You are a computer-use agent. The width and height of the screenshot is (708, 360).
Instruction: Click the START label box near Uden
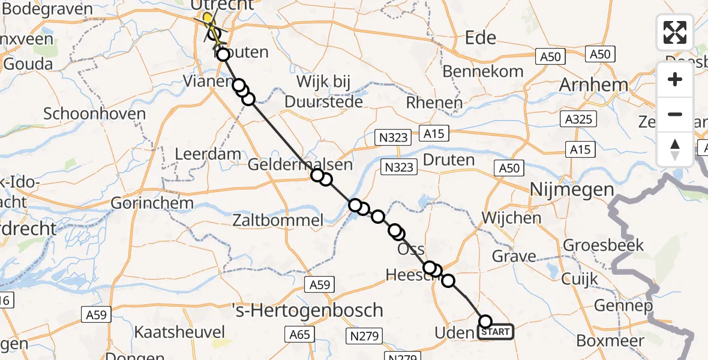[496, 332]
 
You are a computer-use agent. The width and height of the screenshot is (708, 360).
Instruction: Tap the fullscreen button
[675, 32]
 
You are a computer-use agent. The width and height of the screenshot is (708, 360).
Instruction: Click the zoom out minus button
[675, 114]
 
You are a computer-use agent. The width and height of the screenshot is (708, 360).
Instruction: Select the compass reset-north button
[675, 149]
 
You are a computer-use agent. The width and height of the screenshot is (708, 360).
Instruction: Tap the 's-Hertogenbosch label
[308, 310]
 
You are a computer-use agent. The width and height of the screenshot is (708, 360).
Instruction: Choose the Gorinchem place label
[152, 203]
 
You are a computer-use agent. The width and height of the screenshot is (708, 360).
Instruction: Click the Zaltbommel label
[284, 221]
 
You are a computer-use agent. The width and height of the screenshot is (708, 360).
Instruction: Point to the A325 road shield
[580, 119]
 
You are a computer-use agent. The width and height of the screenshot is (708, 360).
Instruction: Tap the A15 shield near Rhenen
[434, 133]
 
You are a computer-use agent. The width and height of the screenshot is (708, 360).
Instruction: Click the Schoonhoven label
[95, 114]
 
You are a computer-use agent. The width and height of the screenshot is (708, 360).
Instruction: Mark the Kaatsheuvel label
[179, 332]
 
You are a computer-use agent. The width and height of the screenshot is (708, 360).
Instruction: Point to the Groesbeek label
[604, 245]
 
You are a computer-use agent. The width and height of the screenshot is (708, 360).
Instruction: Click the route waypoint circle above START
[485, 322]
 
